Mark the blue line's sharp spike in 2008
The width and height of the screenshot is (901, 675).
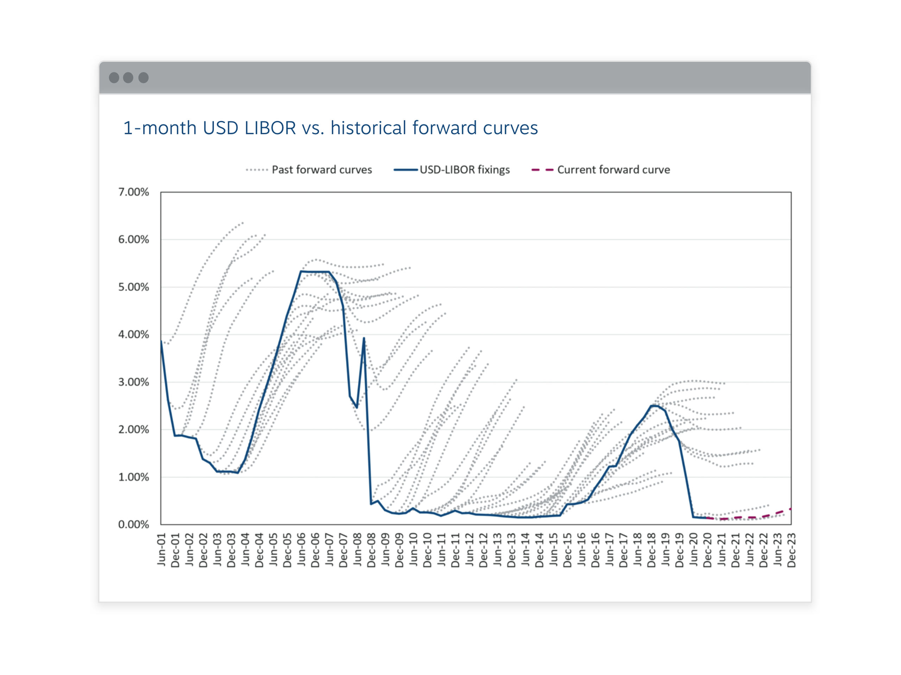coord(364,338)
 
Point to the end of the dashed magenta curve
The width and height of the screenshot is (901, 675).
coord(790,509)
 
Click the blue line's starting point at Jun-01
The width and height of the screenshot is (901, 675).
coord(161,341)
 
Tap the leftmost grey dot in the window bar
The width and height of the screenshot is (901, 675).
coord(114,78)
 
